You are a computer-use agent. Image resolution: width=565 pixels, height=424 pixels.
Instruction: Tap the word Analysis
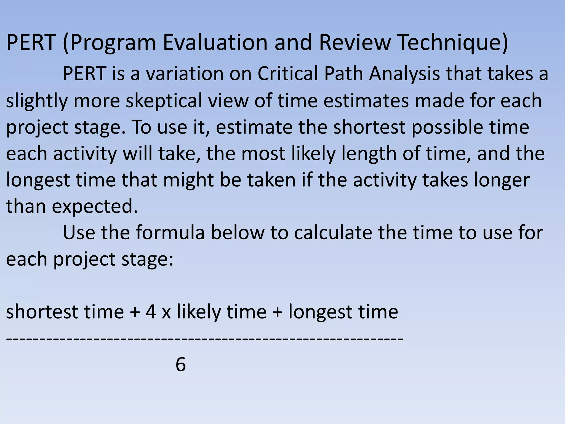(404, 74)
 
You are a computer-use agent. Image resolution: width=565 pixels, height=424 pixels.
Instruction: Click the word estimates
(366, 100)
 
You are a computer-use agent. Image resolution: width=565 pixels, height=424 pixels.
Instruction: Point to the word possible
(447, 127)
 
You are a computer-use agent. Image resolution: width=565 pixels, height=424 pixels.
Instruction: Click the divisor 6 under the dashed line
(181, 365)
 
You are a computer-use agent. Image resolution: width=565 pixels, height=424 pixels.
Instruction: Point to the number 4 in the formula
(151, 312)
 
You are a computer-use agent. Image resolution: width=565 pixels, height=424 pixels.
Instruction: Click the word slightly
(37, 101)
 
